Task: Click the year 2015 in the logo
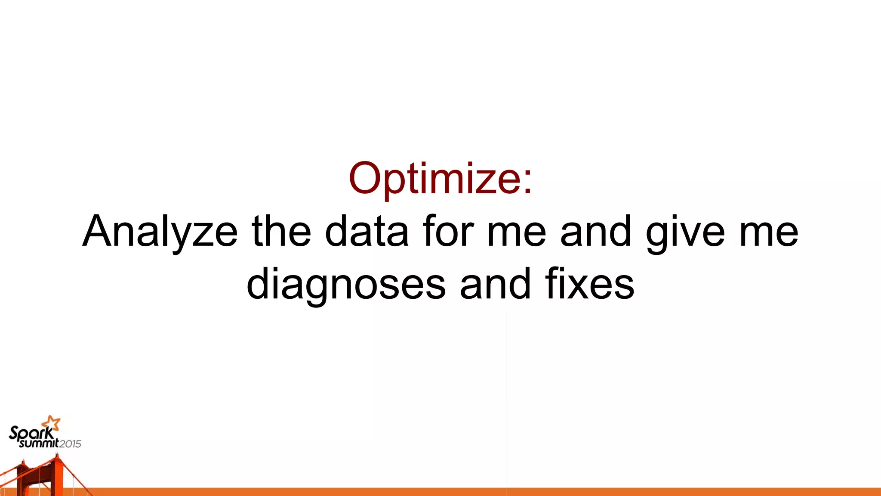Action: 70,444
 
